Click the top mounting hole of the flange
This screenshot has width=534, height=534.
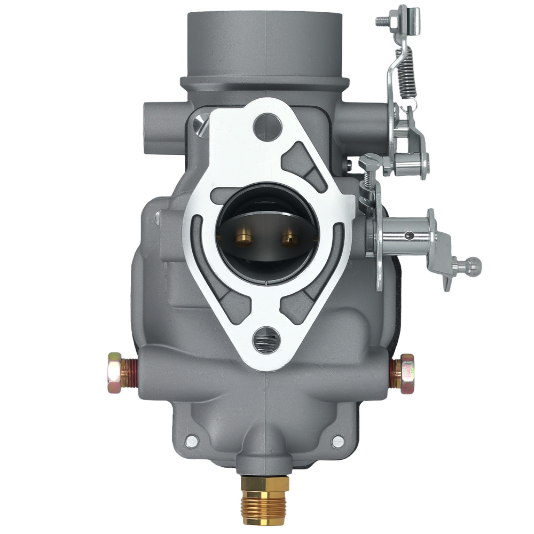(268, 126)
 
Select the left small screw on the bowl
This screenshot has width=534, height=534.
(191, 441)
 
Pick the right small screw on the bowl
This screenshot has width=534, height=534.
(337, 441)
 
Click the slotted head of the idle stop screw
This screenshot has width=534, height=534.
(371, 161)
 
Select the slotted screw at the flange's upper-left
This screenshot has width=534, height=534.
(200, 123)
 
